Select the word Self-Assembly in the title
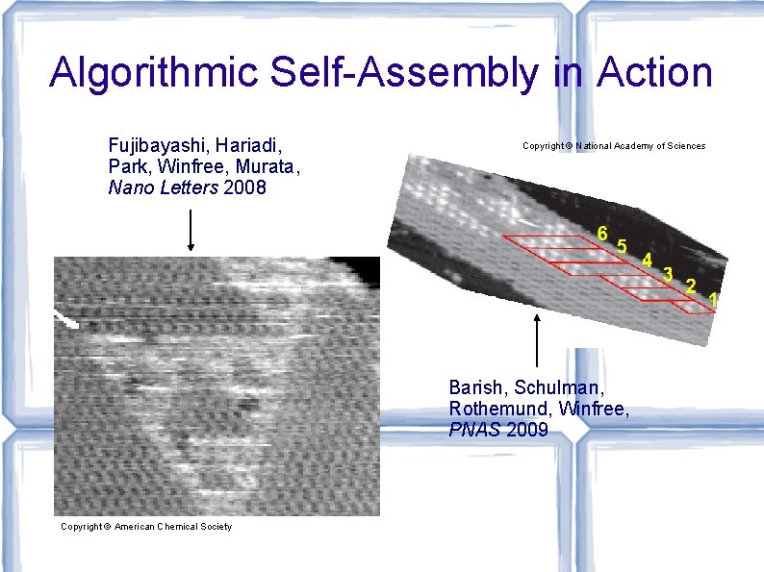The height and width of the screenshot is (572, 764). [x=389, y=72]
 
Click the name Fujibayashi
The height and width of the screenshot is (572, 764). [x=158, y=146]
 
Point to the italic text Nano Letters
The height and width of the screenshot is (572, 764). [x=163, y=188]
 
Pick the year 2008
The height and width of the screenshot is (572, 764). [x=244, y=188]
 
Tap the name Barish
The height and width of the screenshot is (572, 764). [x=477, y=387]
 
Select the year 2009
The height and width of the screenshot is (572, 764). [x=526, y=430]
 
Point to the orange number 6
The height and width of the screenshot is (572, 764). [x=602, y=233]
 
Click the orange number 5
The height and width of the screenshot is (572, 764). [x=623, y=246]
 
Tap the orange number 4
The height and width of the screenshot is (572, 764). [x=648, y=260]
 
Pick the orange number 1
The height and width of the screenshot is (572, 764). [x=713, y=300]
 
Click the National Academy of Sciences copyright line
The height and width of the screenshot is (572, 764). [x=614, y=146]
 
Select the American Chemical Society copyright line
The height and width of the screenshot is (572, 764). [x=146, y=527]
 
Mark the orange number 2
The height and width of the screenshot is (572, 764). [x=690, y=286]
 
